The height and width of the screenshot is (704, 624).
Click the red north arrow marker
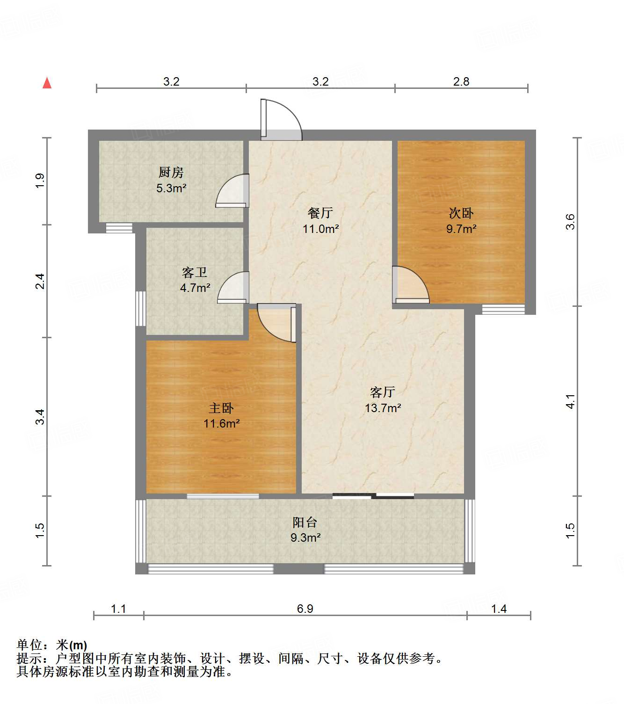47,83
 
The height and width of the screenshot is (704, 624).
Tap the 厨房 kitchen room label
171,173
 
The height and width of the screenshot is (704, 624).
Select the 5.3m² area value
171,189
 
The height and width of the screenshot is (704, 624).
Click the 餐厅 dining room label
320,213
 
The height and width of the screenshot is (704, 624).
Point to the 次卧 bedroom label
461,213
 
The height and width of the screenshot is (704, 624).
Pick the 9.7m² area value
461,229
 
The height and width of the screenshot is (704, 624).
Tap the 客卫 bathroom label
195,272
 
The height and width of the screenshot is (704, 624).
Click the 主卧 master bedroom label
221,408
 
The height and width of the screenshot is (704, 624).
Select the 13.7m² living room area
383,408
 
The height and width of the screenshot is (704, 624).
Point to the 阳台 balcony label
305,522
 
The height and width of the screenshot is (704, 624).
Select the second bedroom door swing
411,285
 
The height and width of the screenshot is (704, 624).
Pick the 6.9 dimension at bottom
305,609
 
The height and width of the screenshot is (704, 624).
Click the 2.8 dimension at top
461,81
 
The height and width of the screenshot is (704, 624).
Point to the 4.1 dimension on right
570,401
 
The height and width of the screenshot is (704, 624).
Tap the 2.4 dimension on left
40,281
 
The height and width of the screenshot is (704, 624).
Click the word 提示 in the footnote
29,659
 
